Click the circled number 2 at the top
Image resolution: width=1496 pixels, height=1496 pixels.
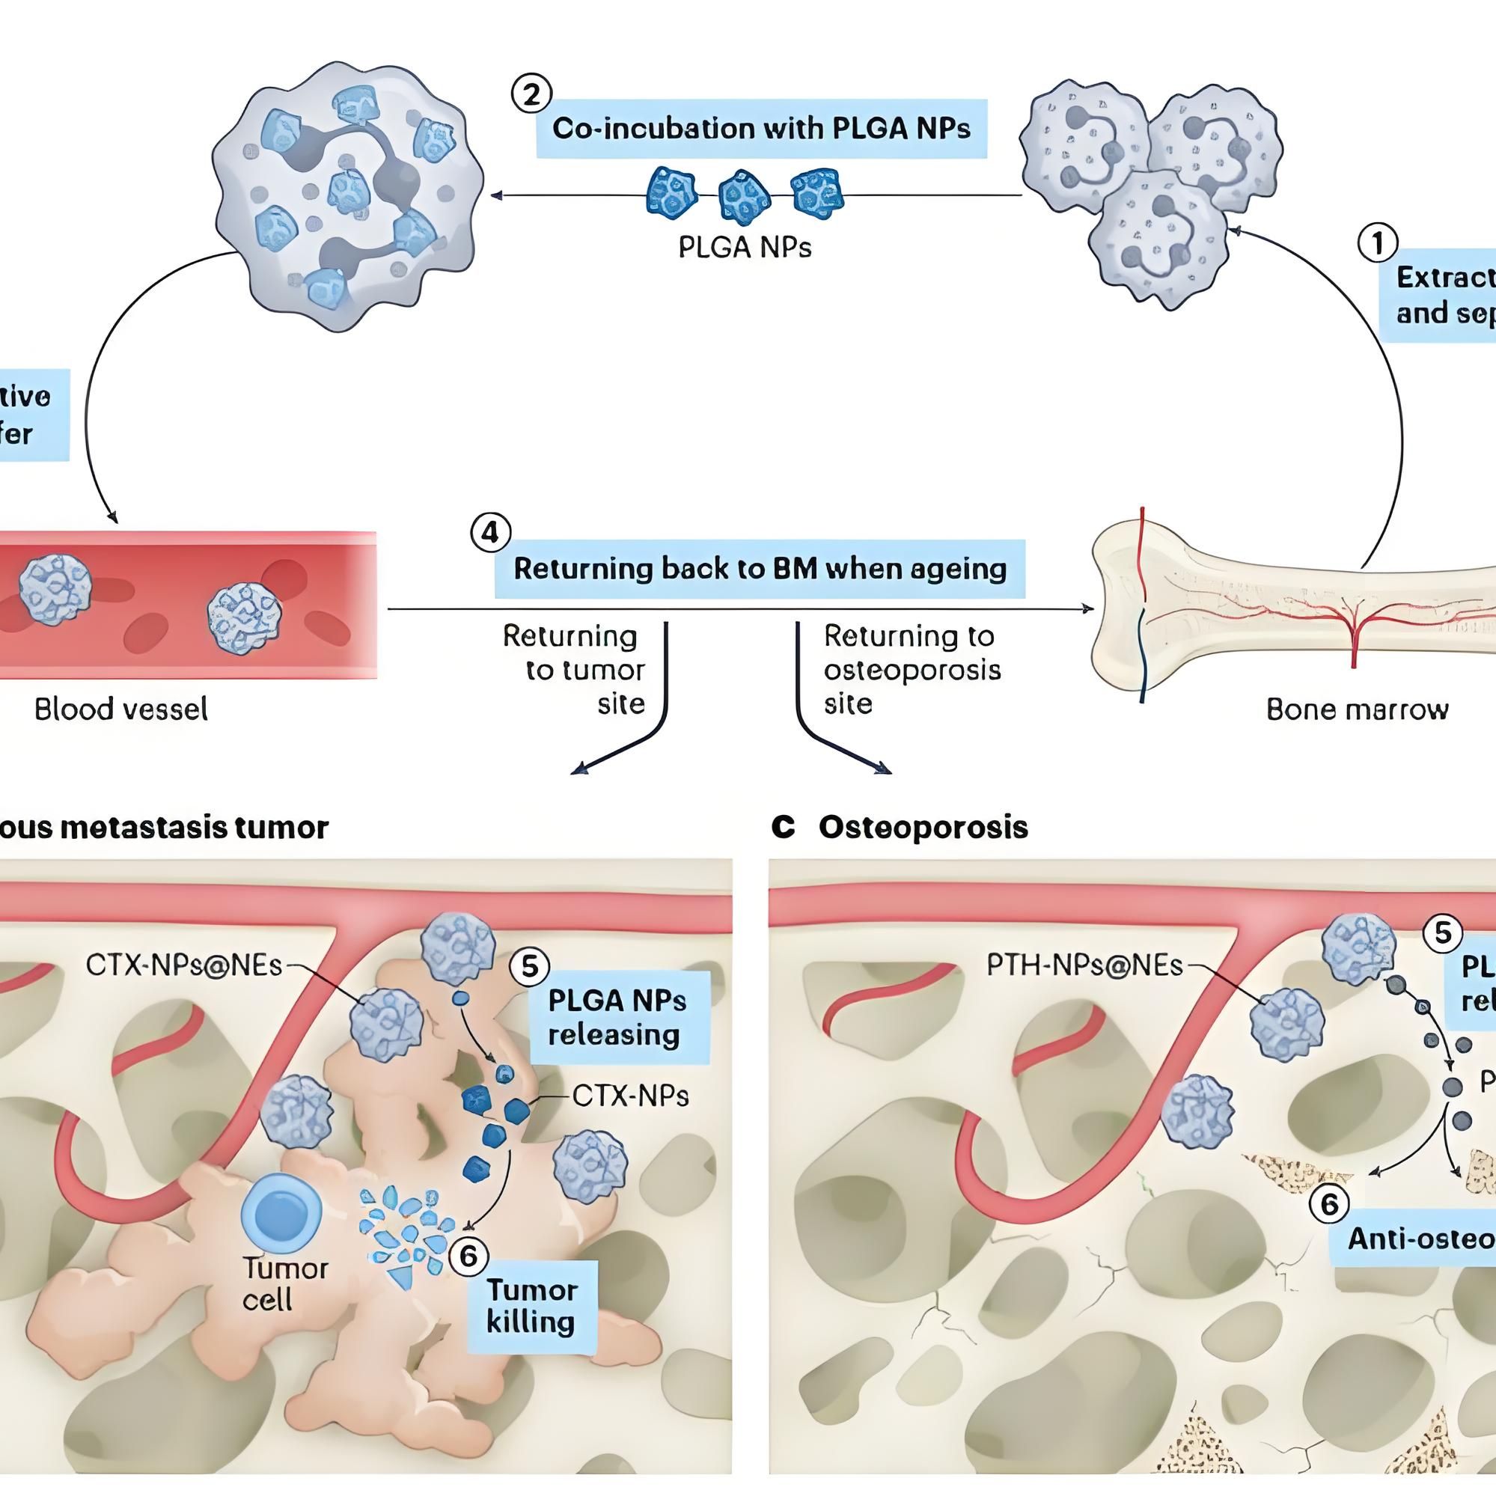(x=531, y=94)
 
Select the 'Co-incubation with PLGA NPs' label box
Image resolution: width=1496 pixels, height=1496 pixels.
(x=761, y=129)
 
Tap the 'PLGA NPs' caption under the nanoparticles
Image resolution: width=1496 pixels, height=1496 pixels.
(x=745, y=247)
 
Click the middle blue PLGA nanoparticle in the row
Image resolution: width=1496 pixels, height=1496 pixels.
(x=744, y=196)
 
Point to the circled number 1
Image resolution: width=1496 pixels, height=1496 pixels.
(x=1378, y=243)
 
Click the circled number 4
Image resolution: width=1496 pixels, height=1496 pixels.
(x=490, y=534)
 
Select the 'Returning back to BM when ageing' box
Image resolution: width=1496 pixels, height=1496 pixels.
(x=760, y=569)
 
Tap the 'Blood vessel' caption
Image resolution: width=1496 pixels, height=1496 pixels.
(x=121, y=709)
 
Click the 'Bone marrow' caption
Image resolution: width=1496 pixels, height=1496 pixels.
(x=1357, y=709)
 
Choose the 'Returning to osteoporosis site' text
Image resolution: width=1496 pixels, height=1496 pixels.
(x=911, y=669)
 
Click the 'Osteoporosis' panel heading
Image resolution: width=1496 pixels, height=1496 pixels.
(x=923, y=828)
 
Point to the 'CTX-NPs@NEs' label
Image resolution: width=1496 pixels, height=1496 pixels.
(x=183, y=965)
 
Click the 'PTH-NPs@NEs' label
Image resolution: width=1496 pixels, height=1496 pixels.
(x=1084, y=965)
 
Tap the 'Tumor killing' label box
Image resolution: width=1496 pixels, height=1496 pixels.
(x=531, y=1307)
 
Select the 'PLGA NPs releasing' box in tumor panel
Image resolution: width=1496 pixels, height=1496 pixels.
(x=617, y=1018)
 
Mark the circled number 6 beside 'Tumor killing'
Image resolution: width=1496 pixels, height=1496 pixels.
(x=468, y=1255)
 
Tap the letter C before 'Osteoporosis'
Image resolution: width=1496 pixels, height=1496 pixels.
(x=783, y=828)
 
